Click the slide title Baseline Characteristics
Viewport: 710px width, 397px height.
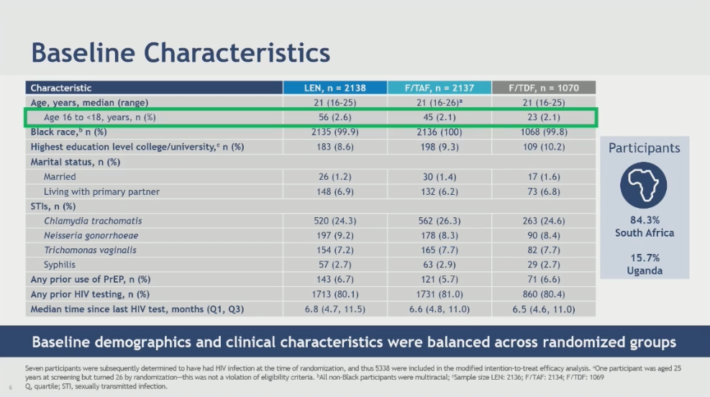coord(181,53)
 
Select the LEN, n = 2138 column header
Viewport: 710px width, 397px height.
coord(334,88)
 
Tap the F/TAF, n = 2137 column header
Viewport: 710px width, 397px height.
coord(439,88)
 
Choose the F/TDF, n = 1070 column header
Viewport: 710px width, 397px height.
coord(544,88)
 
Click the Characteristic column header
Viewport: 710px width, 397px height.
coord(61,88)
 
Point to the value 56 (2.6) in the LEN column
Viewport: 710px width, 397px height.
coord(334,117)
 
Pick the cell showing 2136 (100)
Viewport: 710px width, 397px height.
coord(439,132)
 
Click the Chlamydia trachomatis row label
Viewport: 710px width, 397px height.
coord(93,221)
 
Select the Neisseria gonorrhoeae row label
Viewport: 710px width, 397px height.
coord(91,235)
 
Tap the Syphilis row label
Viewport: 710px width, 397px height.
coord(60,265)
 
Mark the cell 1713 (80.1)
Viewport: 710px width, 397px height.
coord(334,294)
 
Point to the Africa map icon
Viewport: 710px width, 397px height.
coord(644,185)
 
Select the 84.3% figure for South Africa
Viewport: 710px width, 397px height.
coord(644,219)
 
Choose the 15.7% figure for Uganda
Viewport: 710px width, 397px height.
coord(644,257)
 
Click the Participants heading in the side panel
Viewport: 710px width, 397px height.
coord(644,149)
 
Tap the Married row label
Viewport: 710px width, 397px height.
coord(60,176)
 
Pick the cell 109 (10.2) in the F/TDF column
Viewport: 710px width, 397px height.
coord(544,147)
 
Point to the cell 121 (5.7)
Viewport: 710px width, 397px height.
coord(439,279)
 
